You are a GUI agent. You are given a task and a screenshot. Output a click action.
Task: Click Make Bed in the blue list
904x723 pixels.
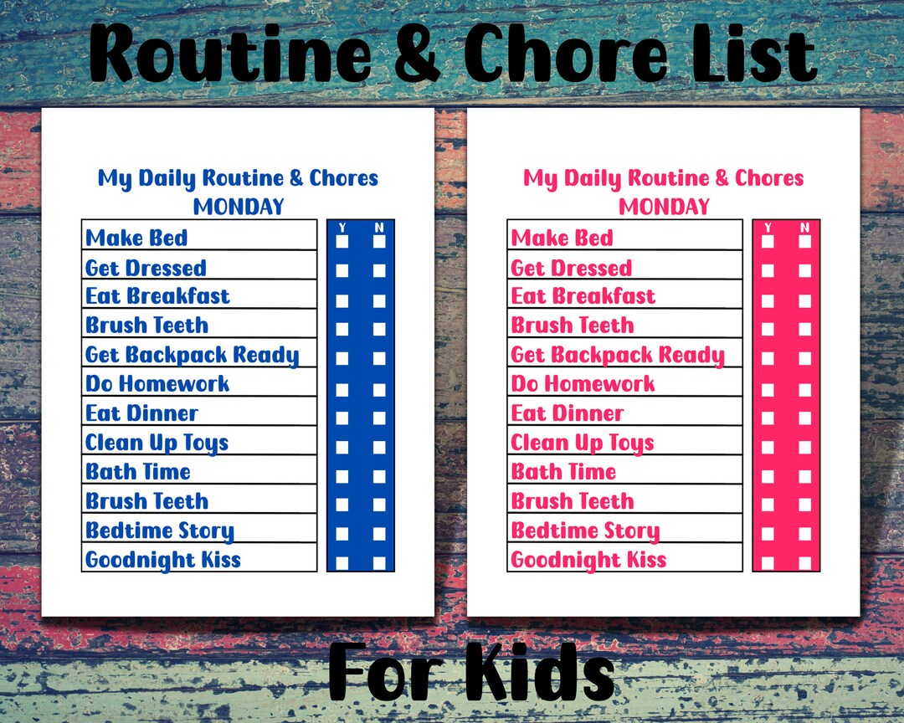pos(136,238)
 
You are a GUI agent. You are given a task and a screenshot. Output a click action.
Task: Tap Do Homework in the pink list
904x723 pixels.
pos(583,384)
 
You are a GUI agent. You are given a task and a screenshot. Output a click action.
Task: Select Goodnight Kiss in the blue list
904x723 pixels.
pos(163,560)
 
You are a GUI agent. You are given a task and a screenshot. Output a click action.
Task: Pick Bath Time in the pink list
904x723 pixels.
pos(563,472)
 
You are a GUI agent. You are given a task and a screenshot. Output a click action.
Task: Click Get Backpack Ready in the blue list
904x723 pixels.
pos(192,355)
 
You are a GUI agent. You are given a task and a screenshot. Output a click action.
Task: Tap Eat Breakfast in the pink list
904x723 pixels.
pos(583,296)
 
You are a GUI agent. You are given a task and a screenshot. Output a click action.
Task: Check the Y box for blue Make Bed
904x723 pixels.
pos(342,242)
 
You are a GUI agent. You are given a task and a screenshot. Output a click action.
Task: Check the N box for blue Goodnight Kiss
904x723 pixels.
pos(379,563)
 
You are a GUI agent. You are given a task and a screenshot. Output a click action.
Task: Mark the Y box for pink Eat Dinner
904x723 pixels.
pos(768,417)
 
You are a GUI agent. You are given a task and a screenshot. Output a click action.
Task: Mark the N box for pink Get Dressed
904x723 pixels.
pos(804,271)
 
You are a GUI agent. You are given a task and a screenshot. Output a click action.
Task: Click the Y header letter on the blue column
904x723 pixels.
pos(342,228)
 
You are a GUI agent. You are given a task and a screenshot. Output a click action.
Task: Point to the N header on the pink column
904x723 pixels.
pos(804,228)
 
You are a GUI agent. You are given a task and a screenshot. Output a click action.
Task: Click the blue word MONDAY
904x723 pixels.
pos(239,207)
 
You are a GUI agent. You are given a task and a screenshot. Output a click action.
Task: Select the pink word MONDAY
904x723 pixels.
pos(664,207)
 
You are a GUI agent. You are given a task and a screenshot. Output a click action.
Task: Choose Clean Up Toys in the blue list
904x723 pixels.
pos(157,443)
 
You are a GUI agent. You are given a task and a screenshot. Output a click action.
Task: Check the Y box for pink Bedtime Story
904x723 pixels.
pos(768,534)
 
